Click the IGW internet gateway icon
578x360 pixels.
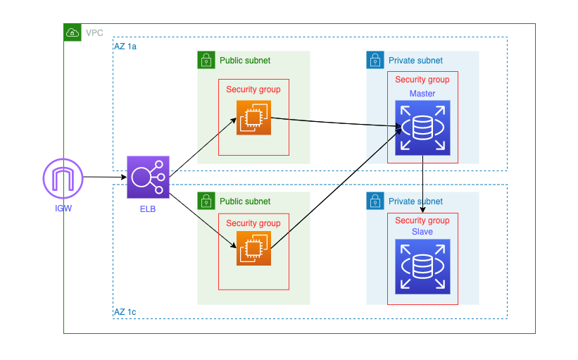coord(63,178)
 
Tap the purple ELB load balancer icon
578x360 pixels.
coord(148,178)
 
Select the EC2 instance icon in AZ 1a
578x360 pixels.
coord(253,118)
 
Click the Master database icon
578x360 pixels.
coord(422,128)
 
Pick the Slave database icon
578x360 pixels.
coord(422,266)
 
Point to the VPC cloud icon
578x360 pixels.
coord(73,32)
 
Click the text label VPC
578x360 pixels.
coord(94,32)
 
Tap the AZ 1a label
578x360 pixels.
coord(125,46)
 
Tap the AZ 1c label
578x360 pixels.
coord(125,311)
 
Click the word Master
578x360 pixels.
coord(422,94)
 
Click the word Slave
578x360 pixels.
coord(422,232)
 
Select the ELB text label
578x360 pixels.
coord(148,209)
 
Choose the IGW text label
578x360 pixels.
coord(63,209)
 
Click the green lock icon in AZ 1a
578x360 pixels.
coord(206,61)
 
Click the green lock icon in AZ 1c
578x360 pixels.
coord(206,201)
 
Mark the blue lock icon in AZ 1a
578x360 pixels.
coord(375,61)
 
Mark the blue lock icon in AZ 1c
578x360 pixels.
coord(375,201)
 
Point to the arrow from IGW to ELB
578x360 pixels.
coord(105,178)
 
